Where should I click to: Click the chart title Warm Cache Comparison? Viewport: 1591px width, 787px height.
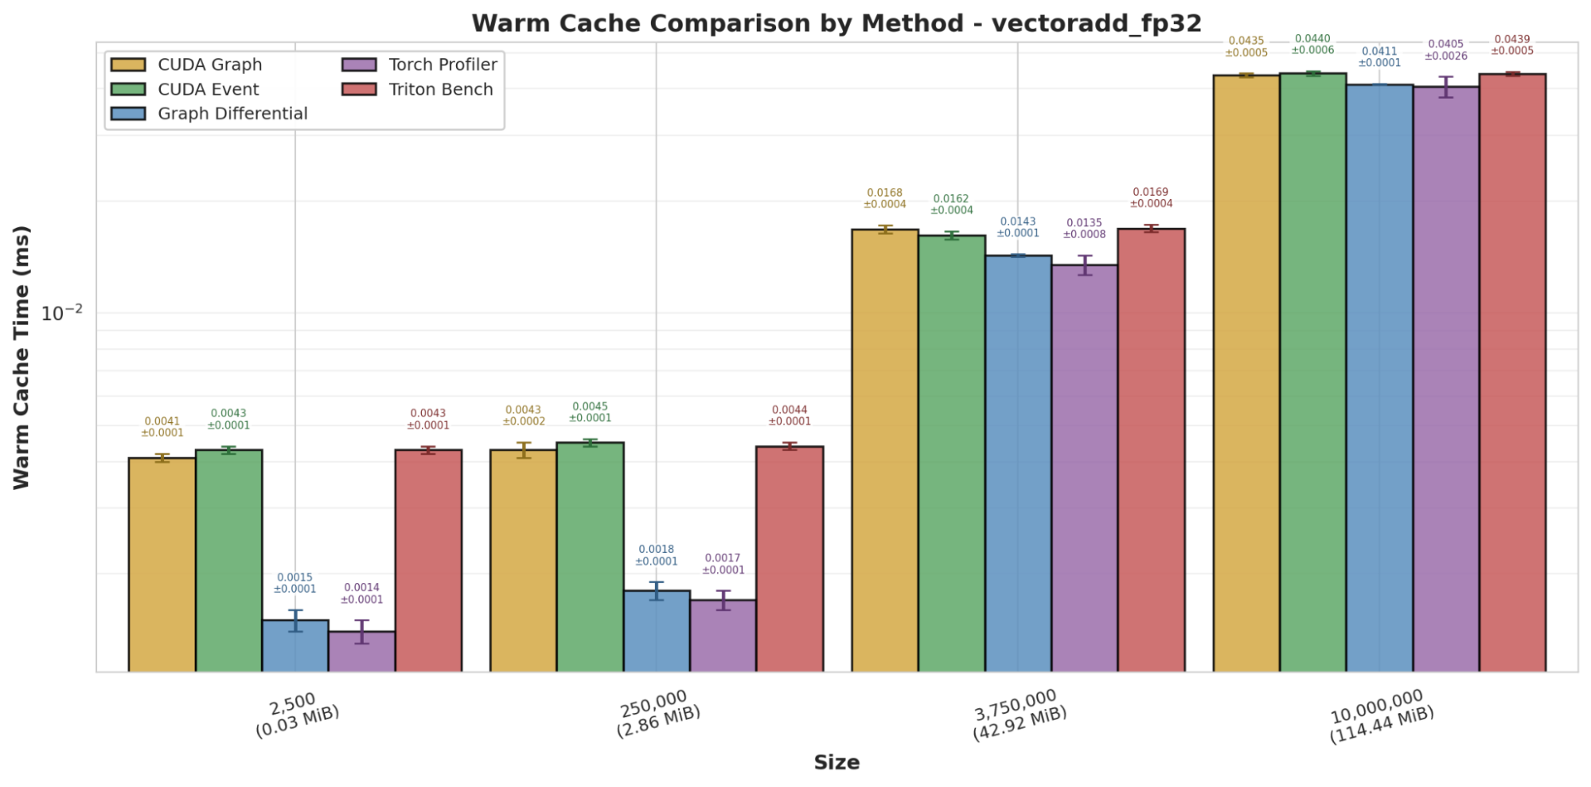[836, 23]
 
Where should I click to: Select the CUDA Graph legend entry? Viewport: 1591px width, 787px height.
[209, 65]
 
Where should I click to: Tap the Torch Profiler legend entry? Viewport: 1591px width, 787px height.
[443, 65]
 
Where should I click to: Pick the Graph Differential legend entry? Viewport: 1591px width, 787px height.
[232, 113]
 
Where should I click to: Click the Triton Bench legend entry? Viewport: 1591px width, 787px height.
[440, 89]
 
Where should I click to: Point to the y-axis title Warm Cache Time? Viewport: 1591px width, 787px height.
[21, 357]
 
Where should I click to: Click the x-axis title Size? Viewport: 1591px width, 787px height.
[836, 762]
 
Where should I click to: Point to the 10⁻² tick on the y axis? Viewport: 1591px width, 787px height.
[61, 312]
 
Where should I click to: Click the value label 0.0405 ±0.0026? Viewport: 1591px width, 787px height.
[1445, 50]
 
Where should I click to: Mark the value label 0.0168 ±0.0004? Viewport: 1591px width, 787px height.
[884, 198]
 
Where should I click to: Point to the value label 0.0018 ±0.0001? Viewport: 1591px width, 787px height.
[656, 555]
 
